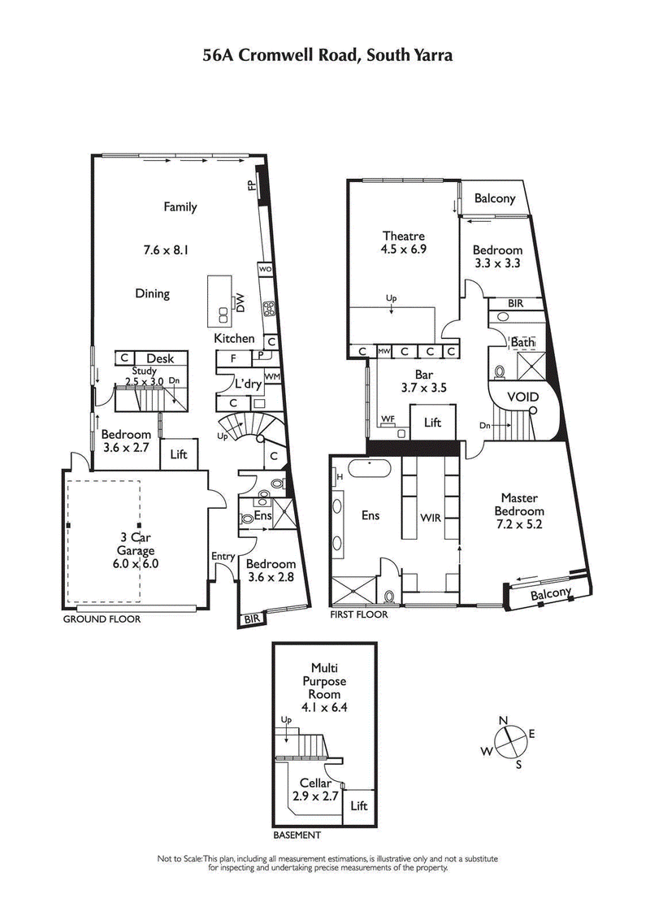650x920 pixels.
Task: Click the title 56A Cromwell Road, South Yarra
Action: (x=327, y=55)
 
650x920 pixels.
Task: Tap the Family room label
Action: (x=180, y=206)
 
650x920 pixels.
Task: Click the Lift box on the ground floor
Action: (x=179, y=454)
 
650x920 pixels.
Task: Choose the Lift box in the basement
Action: (x=358, y=805)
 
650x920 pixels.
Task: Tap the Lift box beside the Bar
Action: (x=433, y=423)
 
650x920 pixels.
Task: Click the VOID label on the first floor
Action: (x=522, y=397)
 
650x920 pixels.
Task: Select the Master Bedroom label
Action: (x=521, y=505)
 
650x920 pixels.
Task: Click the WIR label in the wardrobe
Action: (x=431, y=516)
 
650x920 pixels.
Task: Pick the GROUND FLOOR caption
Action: (x=102, y=618)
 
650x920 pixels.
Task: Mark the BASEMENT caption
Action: (x=297, y=835)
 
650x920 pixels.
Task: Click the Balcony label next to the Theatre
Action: (x=495, y=198)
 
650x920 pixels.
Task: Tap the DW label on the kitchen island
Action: (x=240, y=302)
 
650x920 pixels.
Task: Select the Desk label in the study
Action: (x=160, y=358)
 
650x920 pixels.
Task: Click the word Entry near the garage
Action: (x=223, y=556)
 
